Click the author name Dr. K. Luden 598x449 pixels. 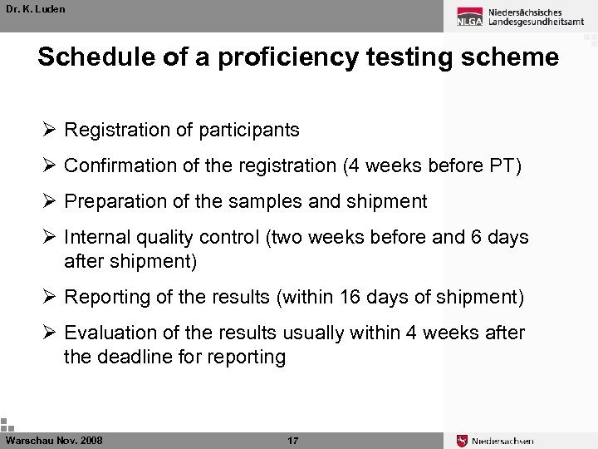pos(35,9)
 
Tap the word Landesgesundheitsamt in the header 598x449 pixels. pos(537,22)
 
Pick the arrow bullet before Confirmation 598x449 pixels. pos(49,165)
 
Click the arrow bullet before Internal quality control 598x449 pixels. pos(49,237)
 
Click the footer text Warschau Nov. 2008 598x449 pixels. pos(54,440)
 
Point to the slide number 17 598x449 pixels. pos(292,440)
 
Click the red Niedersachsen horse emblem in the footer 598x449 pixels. pos(463,441)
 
